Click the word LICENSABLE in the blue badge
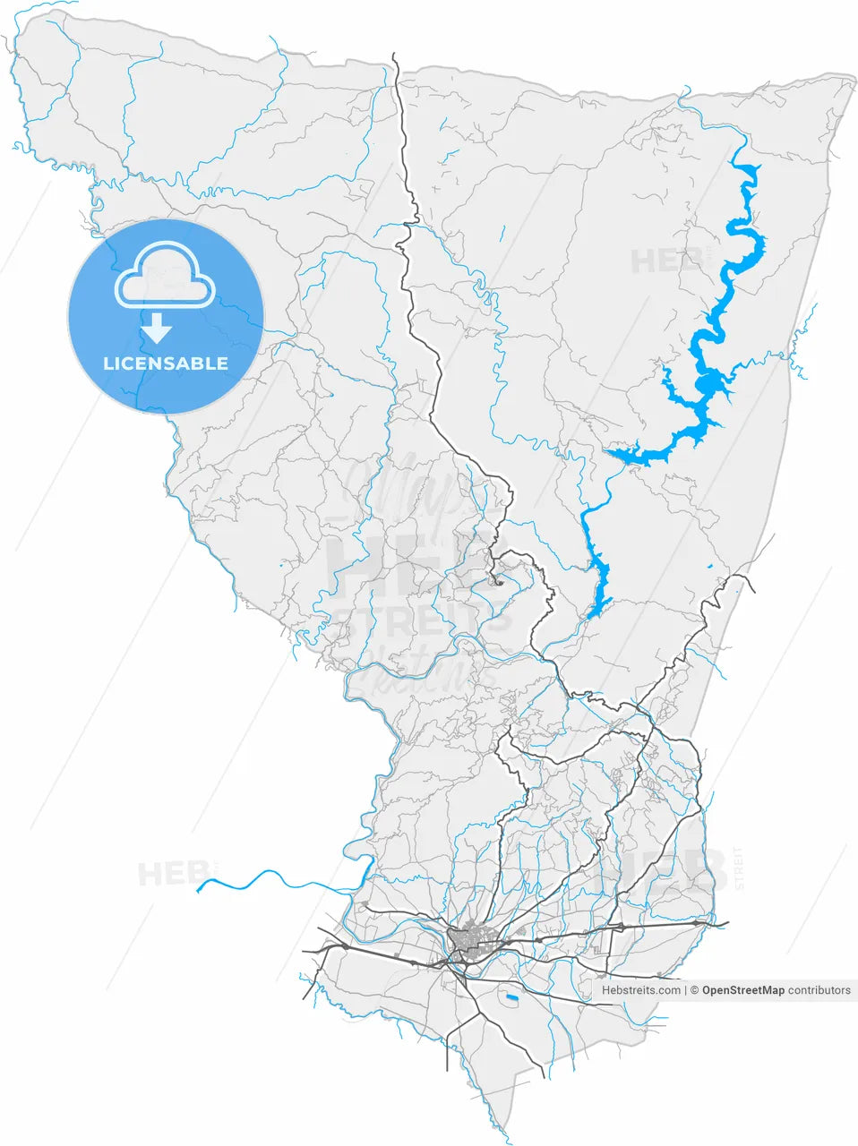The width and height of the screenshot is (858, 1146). pos(166,363)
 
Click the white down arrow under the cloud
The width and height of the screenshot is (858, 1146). pos(157,329)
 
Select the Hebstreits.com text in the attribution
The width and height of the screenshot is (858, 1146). pos(641,990)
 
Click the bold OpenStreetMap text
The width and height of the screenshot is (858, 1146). pos(742,990)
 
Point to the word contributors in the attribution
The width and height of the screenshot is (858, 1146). pos(819,990)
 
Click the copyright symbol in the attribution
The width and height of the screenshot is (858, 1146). pos(693,990)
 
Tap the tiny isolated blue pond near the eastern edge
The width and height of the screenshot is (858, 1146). pos(709,567)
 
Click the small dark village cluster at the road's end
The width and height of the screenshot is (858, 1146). pos(499,583)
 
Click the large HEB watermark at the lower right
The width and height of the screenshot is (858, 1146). pos(663,873)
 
